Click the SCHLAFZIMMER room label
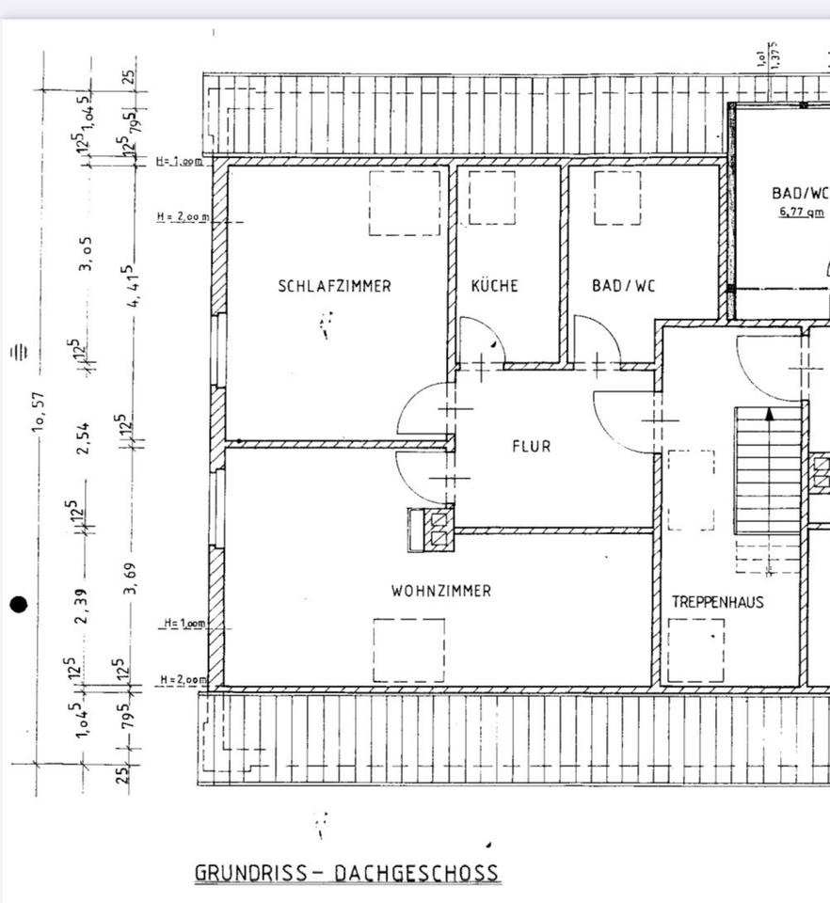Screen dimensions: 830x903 [x=334, y=286]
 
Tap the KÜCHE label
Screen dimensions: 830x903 [x=495, y=286]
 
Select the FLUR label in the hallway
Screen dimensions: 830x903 [x=532, y=447]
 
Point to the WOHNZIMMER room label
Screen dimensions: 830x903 [x=441, y=591]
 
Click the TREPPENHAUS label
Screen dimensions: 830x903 [x=717, y=602]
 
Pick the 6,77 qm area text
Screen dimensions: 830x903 [x=801, y=213]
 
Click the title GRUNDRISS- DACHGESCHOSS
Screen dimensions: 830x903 [x=346, y=873]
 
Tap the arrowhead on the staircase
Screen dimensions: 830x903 [x=770, y=413]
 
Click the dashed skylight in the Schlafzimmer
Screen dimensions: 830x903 [x=404, y=202]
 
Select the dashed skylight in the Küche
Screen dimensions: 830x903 [x=492, y=198]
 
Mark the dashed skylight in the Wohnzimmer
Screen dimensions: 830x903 [x=408, y=649]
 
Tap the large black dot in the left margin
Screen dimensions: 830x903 [x=18, y=604]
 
